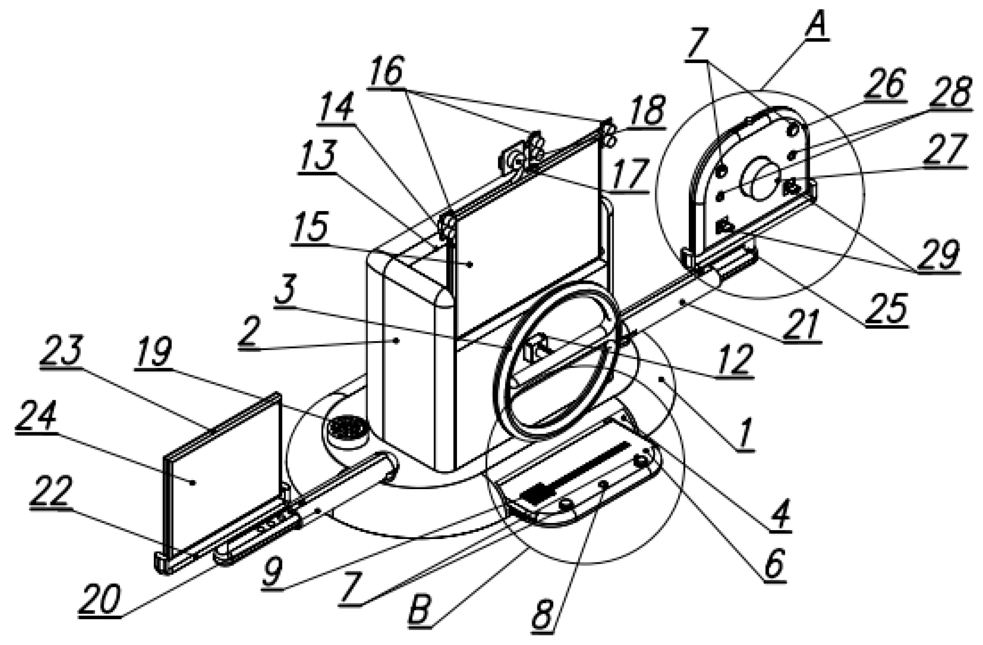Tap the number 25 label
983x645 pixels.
point(886,309)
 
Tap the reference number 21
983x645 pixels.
point(801,326)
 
